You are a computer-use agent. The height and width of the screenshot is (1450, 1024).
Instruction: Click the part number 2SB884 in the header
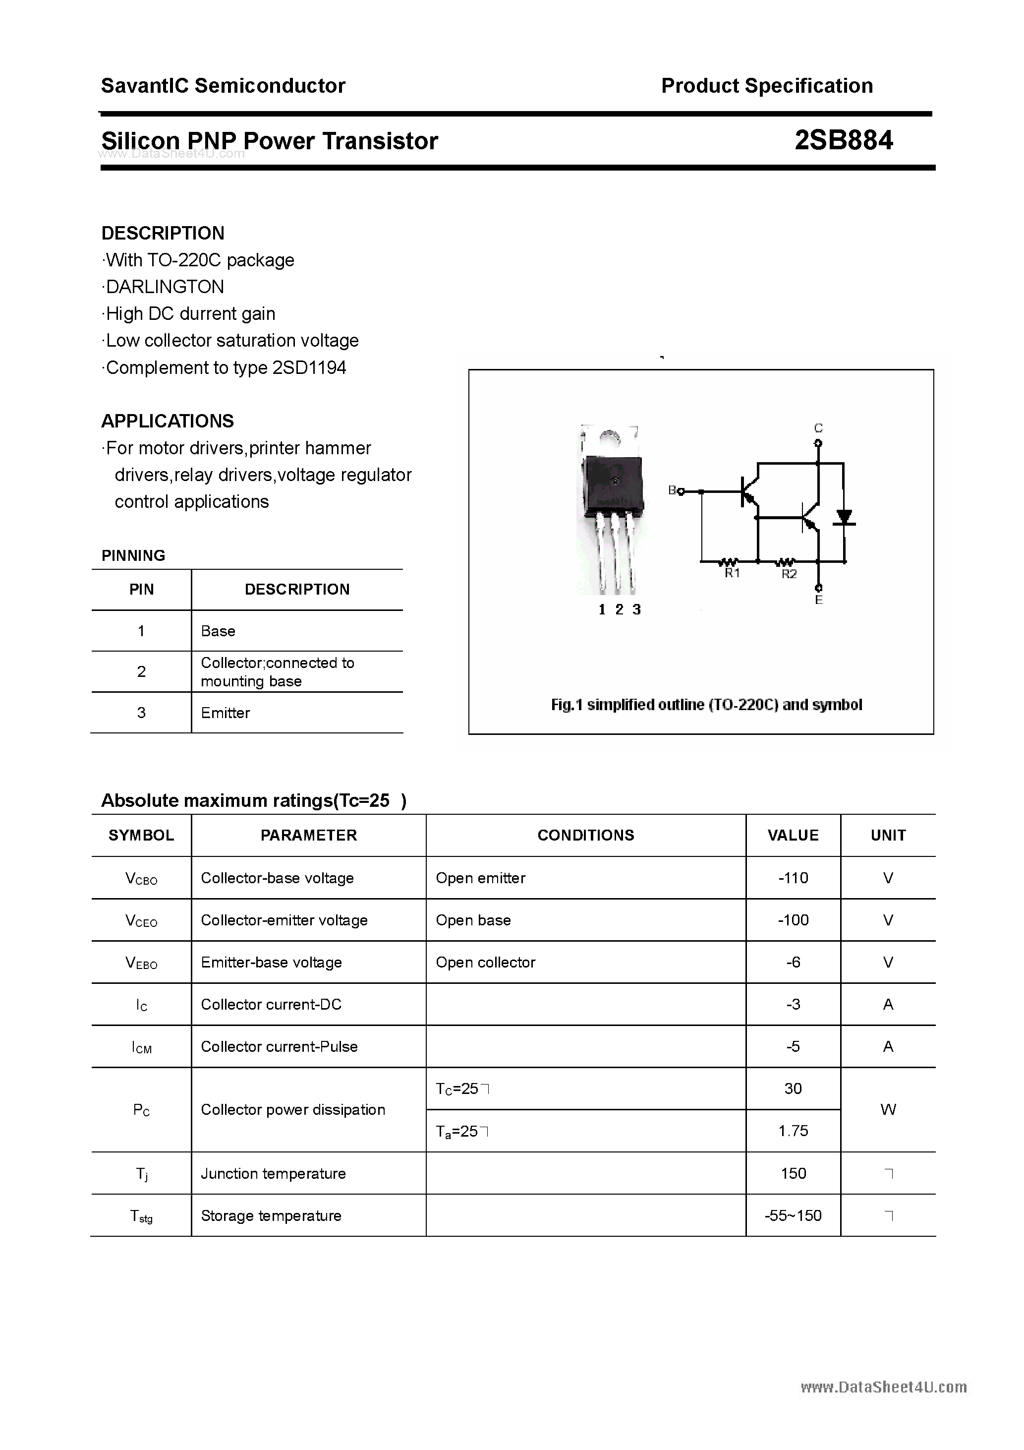point(844,140)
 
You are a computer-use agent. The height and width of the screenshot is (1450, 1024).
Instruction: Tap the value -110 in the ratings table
point(793,878)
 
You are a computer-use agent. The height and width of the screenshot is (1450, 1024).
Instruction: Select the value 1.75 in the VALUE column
point(793,1131)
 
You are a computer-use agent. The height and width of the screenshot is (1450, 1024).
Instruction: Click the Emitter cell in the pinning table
point(226,713)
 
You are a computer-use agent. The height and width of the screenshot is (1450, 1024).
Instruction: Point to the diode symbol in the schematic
point(844,517)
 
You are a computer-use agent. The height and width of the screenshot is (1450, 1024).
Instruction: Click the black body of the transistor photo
point(613,483)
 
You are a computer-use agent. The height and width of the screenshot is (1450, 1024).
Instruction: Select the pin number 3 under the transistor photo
point(636,609)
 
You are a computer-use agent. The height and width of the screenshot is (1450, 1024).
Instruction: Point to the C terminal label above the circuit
point(818,428)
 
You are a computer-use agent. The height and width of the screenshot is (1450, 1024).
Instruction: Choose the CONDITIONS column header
point(585,835)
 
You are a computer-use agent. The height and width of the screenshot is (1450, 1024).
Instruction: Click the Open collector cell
point(486,963)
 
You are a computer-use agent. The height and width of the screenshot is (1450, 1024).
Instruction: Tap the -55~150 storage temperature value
point(793,1216)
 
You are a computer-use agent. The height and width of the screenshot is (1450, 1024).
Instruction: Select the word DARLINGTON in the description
point(165,287)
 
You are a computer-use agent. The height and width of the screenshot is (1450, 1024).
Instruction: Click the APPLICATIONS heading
point(168,421)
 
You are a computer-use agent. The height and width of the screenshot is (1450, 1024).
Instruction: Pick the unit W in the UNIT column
point(888,1110)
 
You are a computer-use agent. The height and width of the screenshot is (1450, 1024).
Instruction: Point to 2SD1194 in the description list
point(309,367)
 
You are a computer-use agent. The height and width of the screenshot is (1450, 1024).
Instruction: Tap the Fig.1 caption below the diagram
point(706,705)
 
